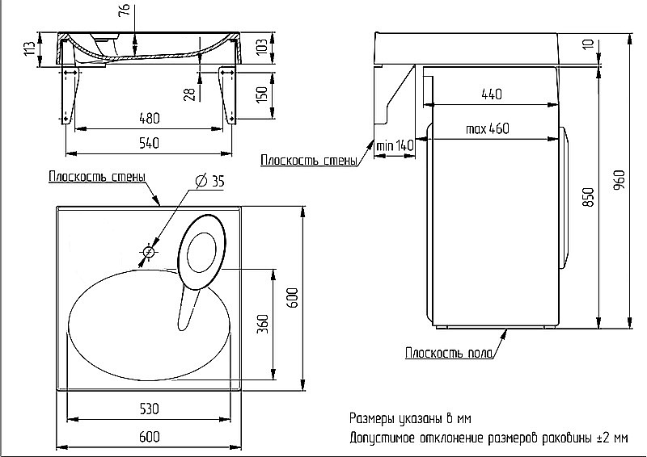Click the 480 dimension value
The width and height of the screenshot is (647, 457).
[x=150, y=118]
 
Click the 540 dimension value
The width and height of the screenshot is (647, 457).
[x=150, y=143]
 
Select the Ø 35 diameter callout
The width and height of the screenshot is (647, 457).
[x=209, y=181]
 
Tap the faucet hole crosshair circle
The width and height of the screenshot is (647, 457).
[x=149, y=252]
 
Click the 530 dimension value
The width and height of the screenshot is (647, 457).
[x=149, y=409]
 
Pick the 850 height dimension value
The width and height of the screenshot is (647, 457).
[x=589, y=197]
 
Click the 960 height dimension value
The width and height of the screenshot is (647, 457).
[x=619, y=180]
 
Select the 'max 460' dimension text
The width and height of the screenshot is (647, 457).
[x=488, y=128]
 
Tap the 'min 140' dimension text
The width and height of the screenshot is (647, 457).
[x=395, y=145]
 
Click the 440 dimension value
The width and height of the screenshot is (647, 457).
[x=492, y=94]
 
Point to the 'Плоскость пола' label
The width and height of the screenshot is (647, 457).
[x=449, y=353]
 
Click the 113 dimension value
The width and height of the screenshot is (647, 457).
[x=30, y=49]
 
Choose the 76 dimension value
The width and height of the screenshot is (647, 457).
[x=125, y=9]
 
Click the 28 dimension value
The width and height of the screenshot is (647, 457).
[x=189, y=95]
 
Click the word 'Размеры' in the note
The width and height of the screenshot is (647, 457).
[x=373, y=419]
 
